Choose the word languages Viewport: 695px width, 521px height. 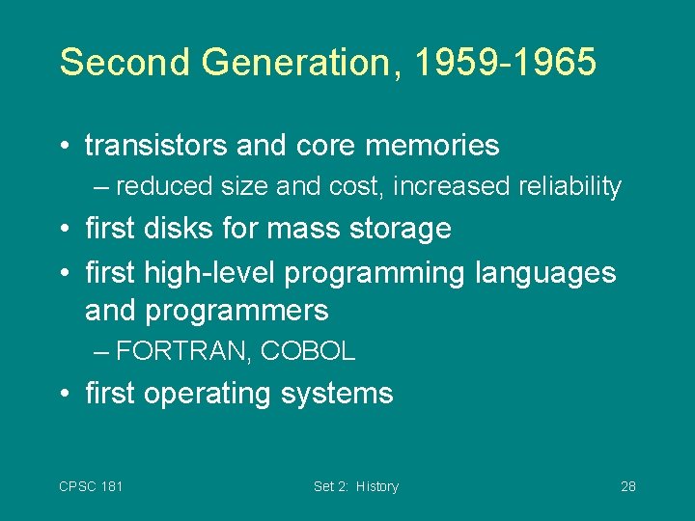[x=545, y=273]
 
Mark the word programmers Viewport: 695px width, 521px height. [x=238, y=311]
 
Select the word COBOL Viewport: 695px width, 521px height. [x=308, y=352]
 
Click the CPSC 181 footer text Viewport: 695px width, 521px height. [x=91, y=486]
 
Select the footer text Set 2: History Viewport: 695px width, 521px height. [x=355, y=486]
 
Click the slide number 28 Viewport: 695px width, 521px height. [x=627, y=486]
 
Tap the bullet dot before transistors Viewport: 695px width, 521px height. [x=63, y=147]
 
